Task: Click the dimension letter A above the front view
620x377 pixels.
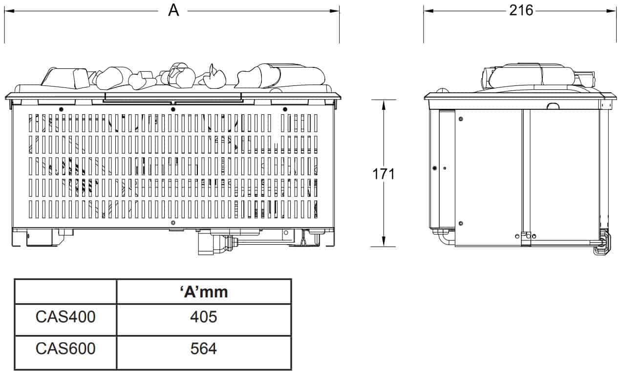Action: pos(173,11)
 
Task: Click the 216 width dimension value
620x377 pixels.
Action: pos(521,11)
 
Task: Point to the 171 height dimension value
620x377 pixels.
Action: pos(384,174)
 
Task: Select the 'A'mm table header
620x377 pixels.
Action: pos(204,292)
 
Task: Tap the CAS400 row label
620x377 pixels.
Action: pos(65,316)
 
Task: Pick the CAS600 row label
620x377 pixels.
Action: pos(65,348)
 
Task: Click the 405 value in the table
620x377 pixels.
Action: pos(204,316)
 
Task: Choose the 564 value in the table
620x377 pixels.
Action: pos(204,348)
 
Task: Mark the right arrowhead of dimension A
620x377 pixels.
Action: pos(334,11)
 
